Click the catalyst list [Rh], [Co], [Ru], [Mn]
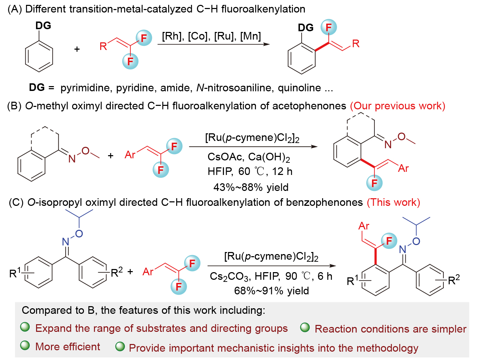pyautogui.click(x=211, y=36)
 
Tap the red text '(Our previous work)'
pyautogui.click(x=397, y=106)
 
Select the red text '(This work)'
pyautogui.click(x=393, y=202)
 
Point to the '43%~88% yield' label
pyautogui.click(x=251, y=187)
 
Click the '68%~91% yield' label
pyautogui.click(x=271, y=291)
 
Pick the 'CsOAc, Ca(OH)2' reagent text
pyautogui.click(x=249, y=157)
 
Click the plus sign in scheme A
pyautogui.click(x=77, y=49)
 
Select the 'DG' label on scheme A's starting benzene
pyautogui.click(x=43, y=26)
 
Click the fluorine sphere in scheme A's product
pyautogui.click(x=328, y=27)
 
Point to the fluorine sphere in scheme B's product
pyautogui.click(x=374, y=183)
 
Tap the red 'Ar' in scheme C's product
pyautogui.click(x=364, y=226)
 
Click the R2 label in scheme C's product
pyautogui.click(x=454, y=280)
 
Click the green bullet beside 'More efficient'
pyautogui.click(x=25, y=345)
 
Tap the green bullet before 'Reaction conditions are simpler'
pyautogui.click(x=305, y=327)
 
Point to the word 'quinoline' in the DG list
pyautogui.click(x=299, y=88)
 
